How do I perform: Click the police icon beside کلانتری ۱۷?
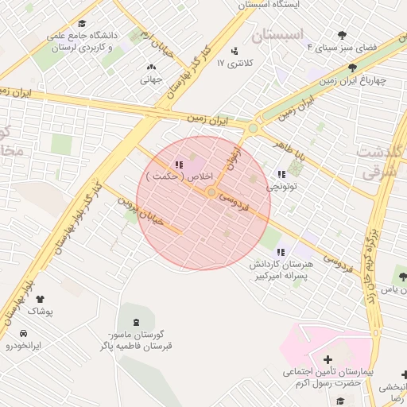(234, 52)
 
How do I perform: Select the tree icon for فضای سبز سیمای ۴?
(343, 35)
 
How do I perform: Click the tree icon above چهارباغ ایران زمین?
(352, 68)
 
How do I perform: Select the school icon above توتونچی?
(281, 174)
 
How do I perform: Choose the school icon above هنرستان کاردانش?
(280, 251)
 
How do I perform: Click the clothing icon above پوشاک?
(40, 299)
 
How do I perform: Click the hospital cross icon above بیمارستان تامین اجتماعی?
(328, 360)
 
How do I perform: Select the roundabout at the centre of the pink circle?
(211, 192)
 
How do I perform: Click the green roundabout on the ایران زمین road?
(253, 128)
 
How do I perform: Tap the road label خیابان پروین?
(141, 211)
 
